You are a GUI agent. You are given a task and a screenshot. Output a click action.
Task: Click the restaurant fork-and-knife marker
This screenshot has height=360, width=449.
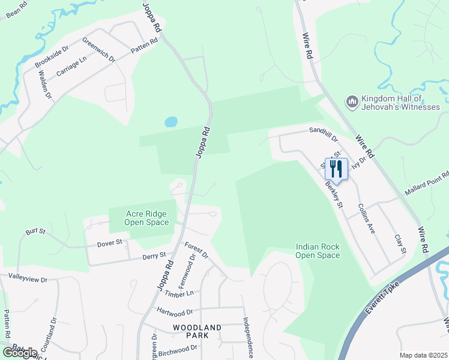(x=336, y=169)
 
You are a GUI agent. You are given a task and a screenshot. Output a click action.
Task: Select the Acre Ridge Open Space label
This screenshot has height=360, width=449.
(x=146, y=218)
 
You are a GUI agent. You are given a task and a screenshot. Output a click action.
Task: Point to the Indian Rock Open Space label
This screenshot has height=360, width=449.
(x=318, y=251)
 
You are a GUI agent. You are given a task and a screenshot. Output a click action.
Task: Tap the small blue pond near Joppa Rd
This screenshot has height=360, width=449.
(x=171, y=122)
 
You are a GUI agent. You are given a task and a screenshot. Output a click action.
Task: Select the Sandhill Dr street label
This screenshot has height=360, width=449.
(x=324, y=130)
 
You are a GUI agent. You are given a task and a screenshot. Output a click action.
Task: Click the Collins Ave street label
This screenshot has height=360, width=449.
(x=366, y=218)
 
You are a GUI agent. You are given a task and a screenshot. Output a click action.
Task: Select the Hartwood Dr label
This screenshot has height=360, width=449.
(x=175, y=312)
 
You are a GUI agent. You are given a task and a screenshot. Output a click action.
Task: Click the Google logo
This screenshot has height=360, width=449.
(x=19, y=352)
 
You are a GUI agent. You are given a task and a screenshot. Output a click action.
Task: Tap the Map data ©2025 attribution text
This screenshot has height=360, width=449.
(x=423, y=355)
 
